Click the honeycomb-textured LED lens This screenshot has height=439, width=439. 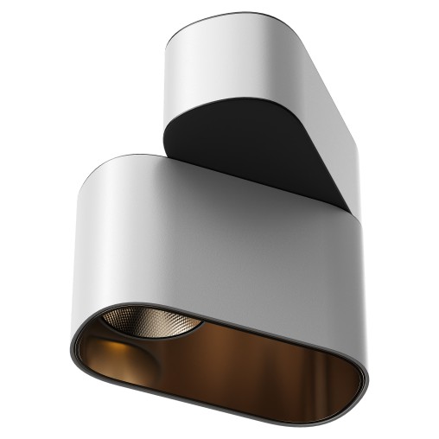pos(151,326)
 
